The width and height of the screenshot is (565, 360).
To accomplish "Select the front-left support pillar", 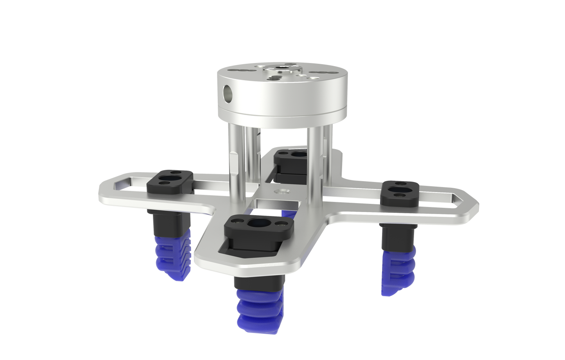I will click(x=236, y=160).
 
